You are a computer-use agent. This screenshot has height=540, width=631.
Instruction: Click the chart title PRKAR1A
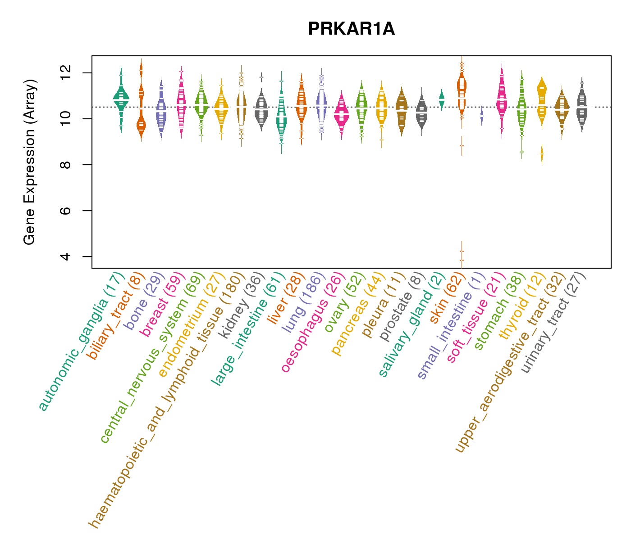(351, 29)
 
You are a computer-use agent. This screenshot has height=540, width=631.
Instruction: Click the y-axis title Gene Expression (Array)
(30, 162)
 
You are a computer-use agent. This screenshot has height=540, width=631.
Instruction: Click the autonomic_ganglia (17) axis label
(81, 342)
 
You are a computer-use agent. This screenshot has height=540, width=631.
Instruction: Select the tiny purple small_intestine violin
(482, 116)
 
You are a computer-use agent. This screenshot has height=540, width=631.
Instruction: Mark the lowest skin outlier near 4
(462, 260)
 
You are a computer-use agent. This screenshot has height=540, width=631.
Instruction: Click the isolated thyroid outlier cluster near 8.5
(542, 154)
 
